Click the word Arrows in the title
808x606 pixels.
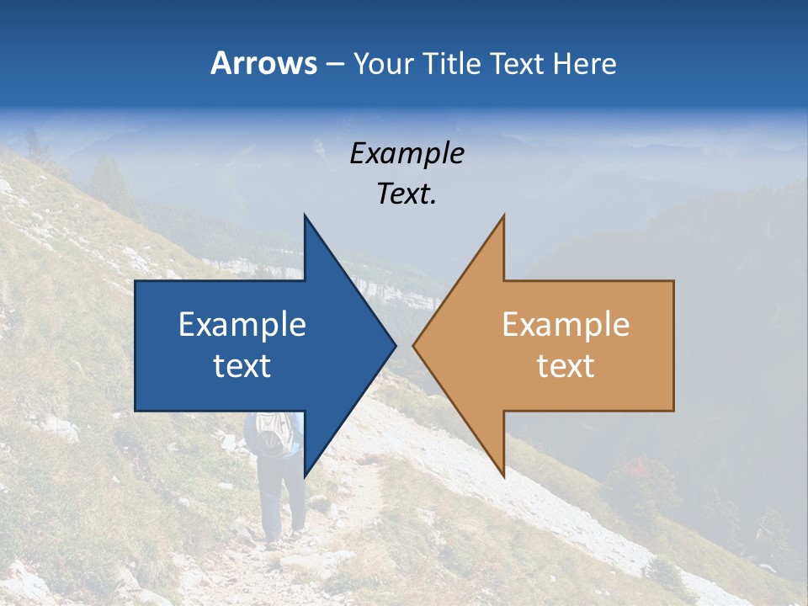click(x=263, y=63)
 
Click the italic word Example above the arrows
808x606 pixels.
click(x=407, y=153)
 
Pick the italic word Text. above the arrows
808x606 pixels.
click(x=407, y=194)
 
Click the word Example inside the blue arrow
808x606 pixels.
click(x=242, y=325)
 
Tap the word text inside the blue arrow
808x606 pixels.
click(x=242, y=366)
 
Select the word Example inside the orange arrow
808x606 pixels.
click(x=566, y=325)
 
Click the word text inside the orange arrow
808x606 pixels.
click(x=566, y=366)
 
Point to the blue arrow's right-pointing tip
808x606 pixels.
click(x=393, y=345)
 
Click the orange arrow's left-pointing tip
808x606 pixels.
click(x=416, y=345)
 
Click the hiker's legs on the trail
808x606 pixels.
click(x=281, y=505)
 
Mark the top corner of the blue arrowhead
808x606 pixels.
click(x=305, y=216)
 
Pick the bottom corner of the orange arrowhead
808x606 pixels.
click(x=503, y=475)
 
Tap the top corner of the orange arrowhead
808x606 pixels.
click(x=503, y=216)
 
